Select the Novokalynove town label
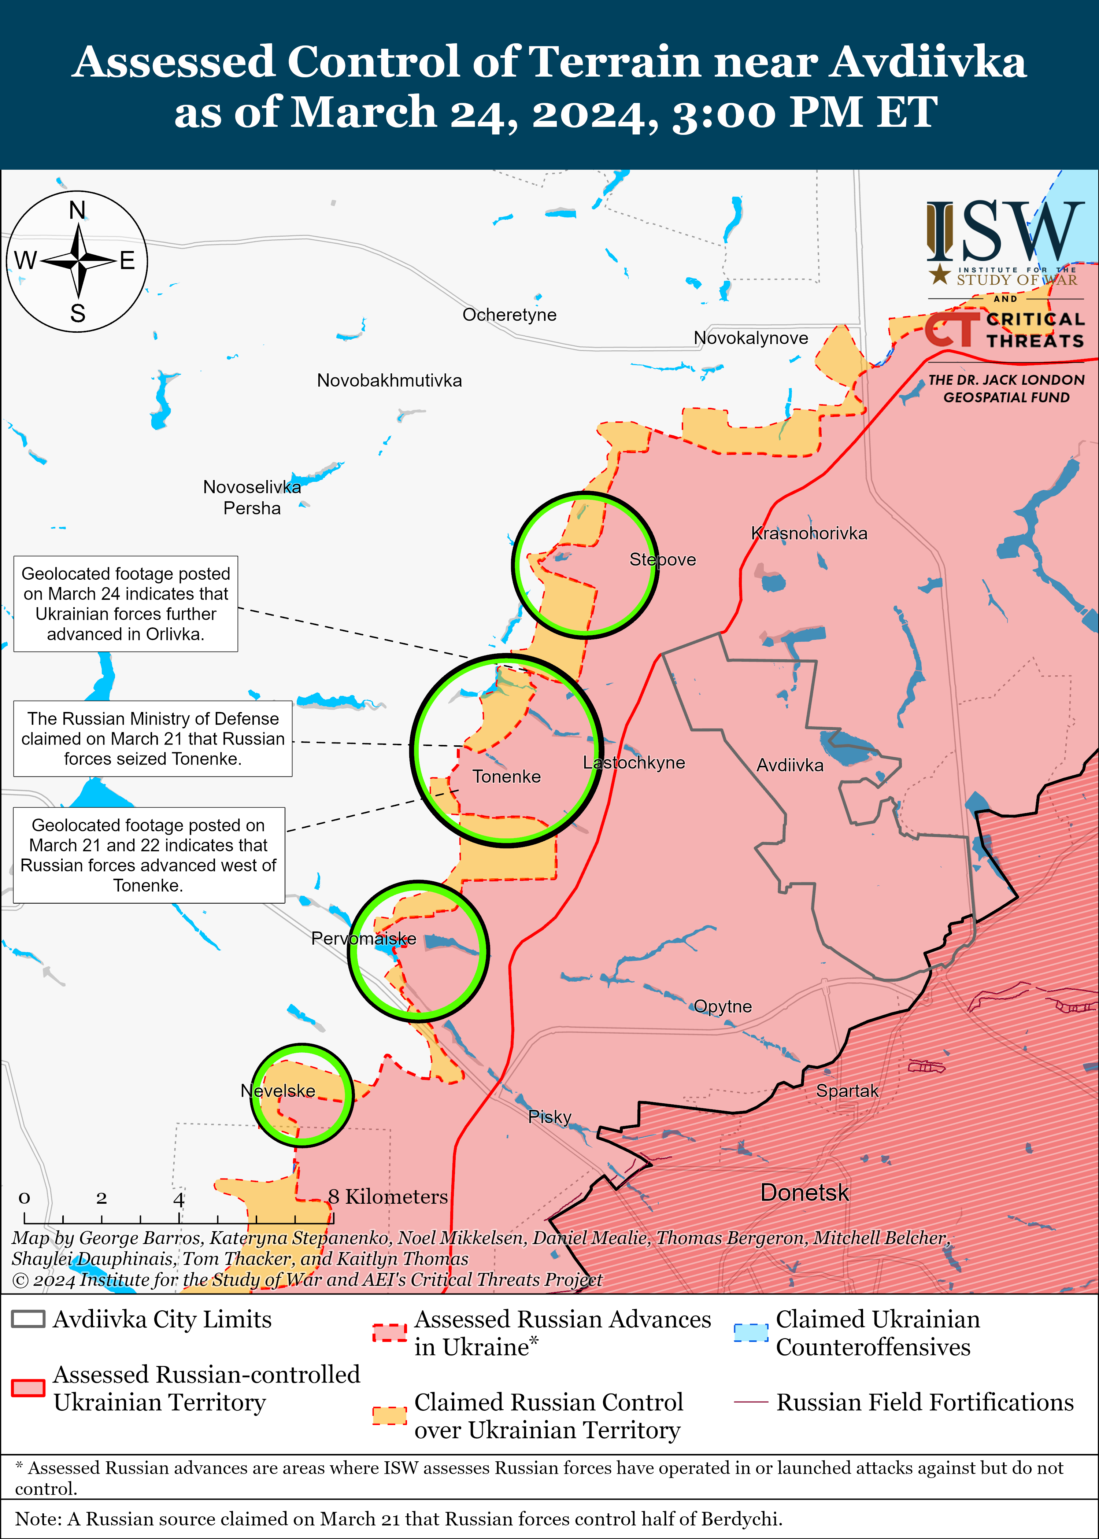click(751, 338)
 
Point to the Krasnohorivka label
click(809, 533)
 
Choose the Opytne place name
click(723, 1006)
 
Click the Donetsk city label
click(804, 1192)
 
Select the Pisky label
click(549, 1117)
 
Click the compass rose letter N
click(78, 210)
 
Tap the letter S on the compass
click(78, 313)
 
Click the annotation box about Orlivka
click(126, 604)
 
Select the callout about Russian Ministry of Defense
click(153, 738)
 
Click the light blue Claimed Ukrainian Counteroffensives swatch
click(751, 1333)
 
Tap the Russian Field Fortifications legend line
click(751, 1402)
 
